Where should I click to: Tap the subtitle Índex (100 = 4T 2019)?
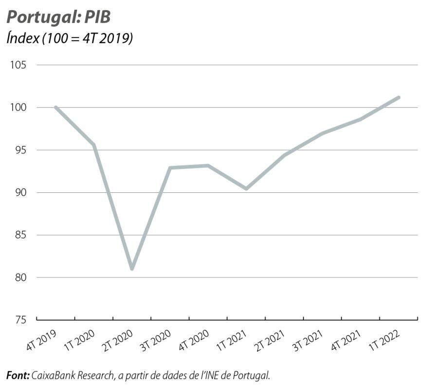(70, 39)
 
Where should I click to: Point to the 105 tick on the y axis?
(17, 65)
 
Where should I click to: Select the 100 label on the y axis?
(17, 107)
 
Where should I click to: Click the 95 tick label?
(18, 150)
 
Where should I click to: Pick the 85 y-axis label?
(18, 235)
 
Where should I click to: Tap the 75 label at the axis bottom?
(18, 320)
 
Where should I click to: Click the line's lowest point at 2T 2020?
(132, 268)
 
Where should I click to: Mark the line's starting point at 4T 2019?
(56, 107)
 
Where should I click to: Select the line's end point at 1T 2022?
(399, 97)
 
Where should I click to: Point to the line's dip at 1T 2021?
(246, 188)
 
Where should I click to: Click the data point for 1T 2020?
(94, 145)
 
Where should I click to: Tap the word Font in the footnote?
(17, 375)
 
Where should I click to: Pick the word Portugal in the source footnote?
(253, 375)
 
